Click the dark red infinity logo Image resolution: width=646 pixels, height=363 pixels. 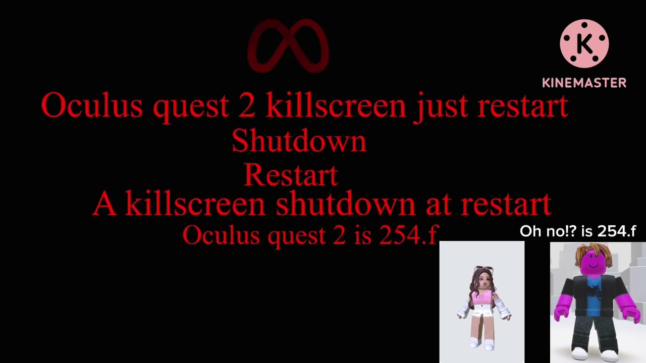(288, 46)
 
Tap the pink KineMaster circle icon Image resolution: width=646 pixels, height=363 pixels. (584, 44)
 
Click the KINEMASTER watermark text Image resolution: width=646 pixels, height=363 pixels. (584, 83)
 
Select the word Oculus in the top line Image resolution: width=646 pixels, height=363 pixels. (92, 106)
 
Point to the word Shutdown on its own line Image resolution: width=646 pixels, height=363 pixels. (299, 141)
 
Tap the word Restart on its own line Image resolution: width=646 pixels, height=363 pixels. (291, 175)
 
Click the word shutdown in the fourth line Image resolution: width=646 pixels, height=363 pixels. (345, 204)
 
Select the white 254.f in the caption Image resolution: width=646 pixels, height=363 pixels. (617, 231)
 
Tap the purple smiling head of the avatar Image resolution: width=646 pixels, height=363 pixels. (594, 263)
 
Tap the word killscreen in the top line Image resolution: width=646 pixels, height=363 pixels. (336, 106)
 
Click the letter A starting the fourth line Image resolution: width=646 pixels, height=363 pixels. (104, 204)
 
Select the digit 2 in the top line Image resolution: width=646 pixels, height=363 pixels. (247, 106)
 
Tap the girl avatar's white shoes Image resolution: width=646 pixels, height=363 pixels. (482, 344)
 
